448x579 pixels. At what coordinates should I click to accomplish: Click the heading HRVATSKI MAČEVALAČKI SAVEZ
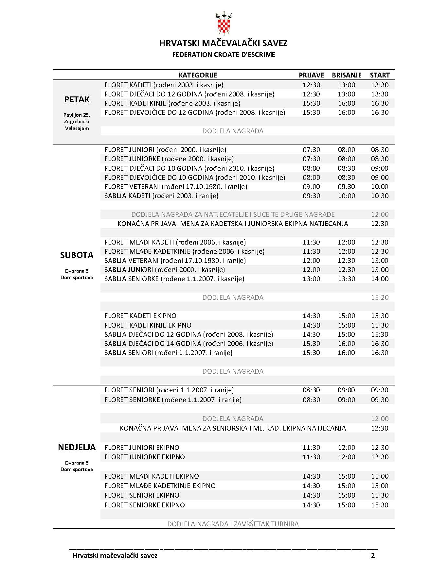coord(224,43)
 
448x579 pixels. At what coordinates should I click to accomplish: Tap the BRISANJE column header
coord(347,75)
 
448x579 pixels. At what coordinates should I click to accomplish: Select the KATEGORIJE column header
coord(198,75)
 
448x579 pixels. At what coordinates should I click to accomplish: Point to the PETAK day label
coord(77,99)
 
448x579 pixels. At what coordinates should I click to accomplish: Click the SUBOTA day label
coord(77,255)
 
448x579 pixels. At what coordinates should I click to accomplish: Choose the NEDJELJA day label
coord(77,447)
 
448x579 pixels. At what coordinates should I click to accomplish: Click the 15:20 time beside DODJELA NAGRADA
coord(380,298)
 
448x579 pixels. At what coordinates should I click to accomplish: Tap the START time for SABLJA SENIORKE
coord(380,279)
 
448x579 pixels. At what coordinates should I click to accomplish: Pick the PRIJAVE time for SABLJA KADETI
coord(311,196)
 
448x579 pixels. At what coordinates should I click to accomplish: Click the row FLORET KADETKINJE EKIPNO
coord(148,325)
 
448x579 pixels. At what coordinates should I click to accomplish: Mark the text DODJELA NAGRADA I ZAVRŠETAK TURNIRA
coord(233,524)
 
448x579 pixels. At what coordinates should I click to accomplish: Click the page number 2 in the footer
coord(373,555)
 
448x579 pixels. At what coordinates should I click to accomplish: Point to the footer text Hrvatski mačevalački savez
coord(115,555)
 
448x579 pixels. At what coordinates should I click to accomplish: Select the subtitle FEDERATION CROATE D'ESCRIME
coord(224,55)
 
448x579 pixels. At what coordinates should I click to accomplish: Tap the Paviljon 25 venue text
coord(77,115)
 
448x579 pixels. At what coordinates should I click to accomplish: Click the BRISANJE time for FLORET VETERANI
coord(347,187)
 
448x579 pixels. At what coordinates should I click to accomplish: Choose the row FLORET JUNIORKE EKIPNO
coord(145,457)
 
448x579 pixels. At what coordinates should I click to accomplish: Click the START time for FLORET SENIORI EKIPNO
coord(380,495)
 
